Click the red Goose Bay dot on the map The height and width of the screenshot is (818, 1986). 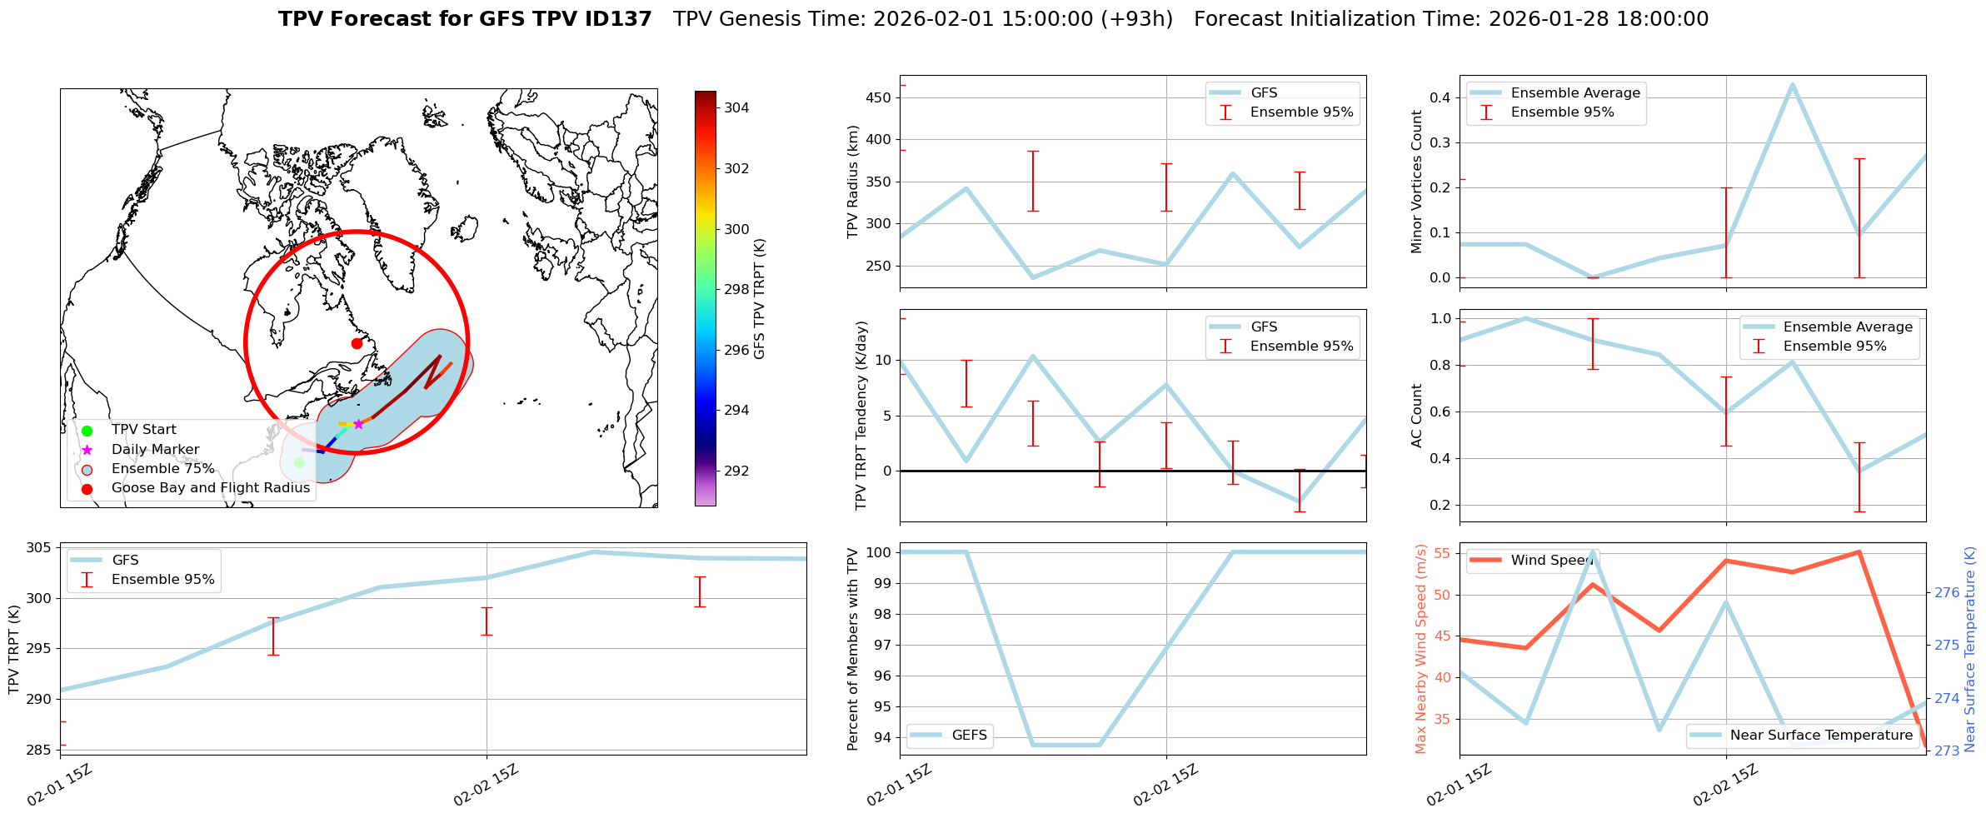[x=357, y=343]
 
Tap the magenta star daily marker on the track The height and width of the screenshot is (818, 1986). [x=358, y=424]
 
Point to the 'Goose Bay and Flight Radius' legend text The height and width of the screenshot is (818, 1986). [x=210, y=488]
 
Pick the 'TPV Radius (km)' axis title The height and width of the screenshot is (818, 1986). [x=852, y=182]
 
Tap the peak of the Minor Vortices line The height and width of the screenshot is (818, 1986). [x=1792, y=84]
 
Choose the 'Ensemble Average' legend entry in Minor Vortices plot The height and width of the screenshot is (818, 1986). [x=1574, y=93]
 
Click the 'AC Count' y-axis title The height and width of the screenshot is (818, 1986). [x=1416, y=416]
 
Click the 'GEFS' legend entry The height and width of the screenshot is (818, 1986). [x=969, y=735]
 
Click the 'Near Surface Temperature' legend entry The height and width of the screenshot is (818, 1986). [x=1821, y=735]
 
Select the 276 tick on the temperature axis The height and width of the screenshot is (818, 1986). [x=1947, y=592]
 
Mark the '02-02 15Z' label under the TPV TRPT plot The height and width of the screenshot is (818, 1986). [x=487, y=785]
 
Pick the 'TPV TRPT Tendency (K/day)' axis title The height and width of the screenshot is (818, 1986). [x=861, y=415]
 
